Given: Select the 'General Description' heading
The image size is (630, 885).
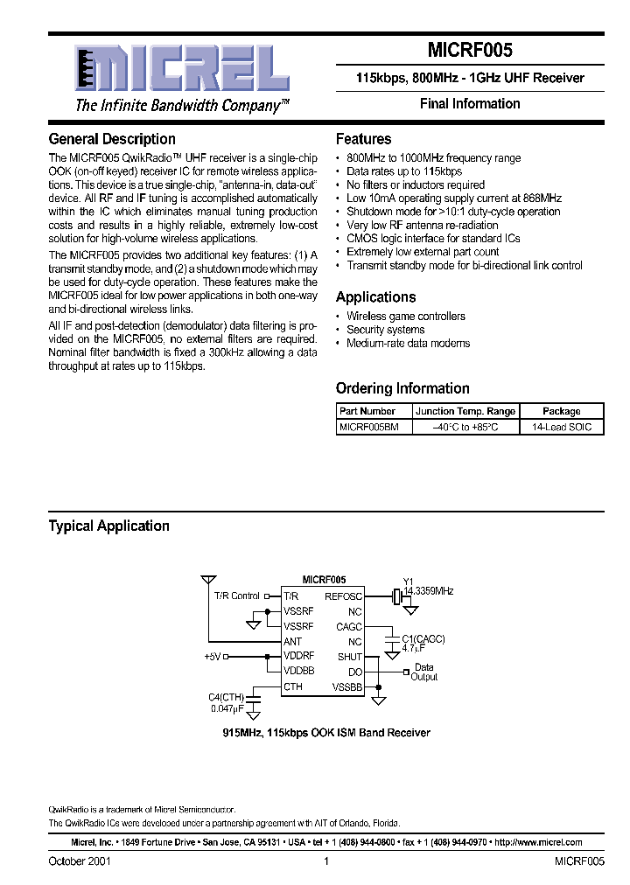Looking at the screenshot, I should click(x=112, y=139).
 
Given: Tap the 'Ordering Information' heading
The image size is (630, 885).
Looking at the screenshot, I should click(x=402, y=388).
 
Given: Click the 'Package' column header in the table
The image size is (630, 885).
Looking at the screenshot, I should click(x=561, y=411).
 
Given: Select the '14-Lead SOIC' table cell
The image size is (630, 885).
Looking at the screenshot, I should click(x=561, y=427).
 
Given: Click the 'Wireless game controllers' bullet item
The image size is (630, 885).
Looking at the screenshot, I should click(x=406, y=317).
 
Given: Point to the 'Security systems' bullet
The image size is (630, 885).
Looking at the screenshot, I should click(x=386, y=330).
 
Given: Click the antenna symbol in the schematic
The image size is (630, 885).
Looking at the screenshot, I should click(x=208, y=580).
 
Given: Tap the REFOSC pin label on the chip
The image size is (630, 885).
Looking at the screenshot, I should click(x=343, y=596).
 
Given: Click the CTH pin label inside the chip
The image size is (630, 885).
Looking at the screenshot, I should click(x=293, y=687).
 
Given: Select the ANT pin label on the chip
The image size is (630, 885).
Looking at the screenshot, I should click(x=293, y=642).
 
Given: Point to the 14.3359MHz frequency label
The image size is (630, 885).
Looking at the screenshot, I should click(x=429, y=592).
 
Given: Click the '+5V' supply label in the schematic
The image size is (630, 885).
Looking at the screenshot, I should click(x=213, y=656).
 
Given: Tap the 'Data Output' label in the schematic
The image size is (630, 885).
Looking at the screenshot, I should click(x=424, y=672).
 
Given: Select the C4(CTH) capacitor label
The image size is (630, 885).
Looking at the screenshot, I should click(x=227, y=696).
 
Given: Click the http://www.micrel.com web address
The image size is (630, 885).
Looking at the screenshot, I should click(x=537, y=843).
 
